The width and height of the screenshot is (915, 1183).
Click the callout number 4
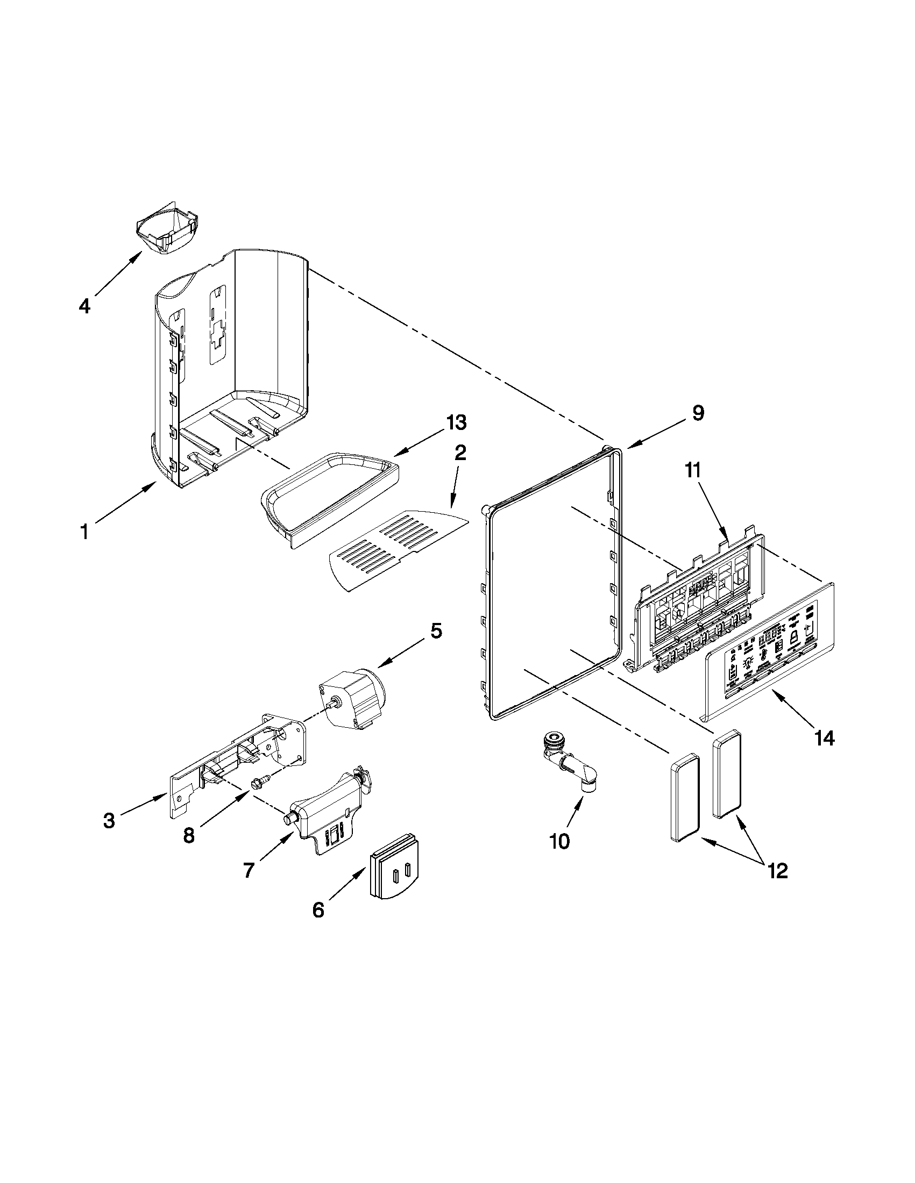(x=84, y=306)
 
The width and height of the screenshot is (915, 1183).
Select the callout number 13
(x=456, y=422)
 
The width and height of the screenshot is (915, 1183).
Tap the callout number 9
(x=698, y=413)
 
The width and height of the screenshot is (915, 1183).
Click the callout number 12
(x=778, y=871)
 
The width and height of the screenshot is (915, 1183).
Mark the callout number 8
(x=189, y=836)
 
